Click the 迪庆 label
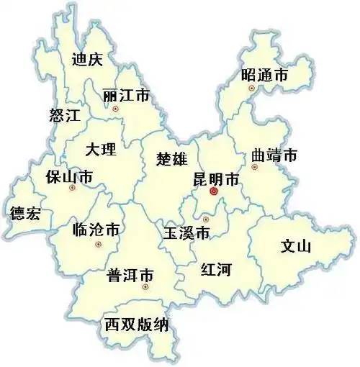[87, 60]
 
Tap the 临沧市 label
[96, 230]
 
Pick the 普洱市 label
[130, 275]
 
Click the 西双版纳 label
[136, 324]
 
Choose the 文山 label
[295, 247]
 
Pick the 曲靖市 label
[274, 155]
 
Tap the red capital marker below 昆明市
[213, 192]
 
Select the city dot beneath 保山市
[71, 189]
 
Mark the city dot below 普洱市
[145, 287]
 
